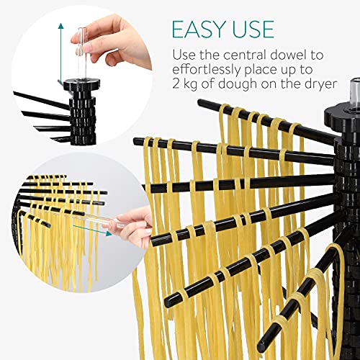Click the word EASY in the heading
(x=198, y=29)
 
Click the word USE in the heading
(x=251, y=29)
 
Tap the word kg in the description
(x=192, y=86)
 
